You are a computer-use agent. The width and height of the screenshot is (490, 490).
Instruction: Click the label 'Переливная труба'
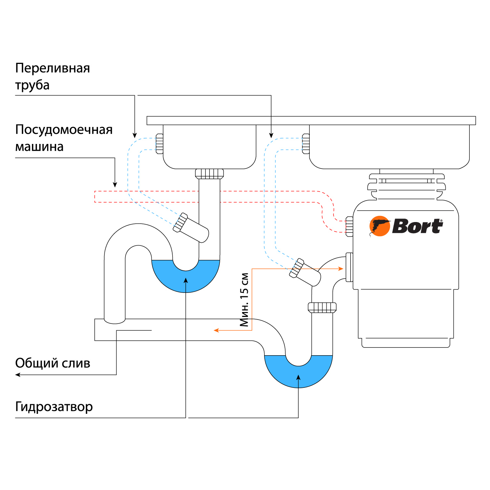pos(52,76)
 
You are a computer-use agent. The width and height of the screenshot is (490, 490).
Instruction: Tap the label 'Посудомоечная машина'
pos(64,138)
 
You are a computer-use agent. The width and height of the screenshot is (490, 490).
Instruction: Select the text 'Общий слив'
pos(52,363)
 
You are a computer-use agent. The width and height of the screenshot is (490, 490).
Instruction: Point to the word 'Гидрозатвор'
pos(54,407)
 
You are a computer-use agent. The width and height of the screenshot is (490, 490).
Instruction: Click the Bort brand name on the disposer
pos(417,226)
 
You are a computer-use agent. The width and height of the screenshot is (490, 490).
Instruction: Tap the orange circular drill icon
pos(379,226)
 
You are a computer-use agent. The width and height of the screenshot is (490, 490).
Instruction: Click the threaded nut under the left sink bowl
pos(209,174)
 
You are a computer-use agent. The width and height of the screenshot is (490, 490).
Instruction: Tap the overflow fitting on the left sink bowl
pos(159,144)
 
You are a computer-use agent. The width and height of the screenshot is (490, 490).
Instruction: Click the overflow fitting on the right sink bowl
pos(305,144)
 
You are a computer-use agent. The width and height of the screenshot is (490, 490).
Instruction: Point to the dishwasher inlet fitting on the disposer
pos(349,226)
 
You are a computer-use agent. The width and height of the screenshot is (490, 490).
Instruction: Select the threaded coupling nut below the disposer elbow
pos(322,307)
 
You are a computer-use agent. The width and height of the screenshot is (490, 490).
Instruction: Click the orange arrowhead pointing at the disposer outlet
pos(340,269)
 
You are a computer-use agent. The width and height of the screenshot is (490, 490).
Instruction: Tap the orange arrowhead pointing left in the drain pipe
pos(216,330)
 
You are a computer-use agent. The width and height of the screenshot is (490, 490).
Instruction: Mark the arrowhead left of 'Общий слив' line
pos(18,375)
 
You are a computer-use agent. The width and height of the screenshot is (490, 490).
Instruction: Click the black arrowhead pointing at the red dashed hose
pos(115,185)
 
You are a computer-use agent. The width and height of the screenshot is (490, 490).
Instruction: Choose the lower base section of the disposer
pos(406,318)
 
